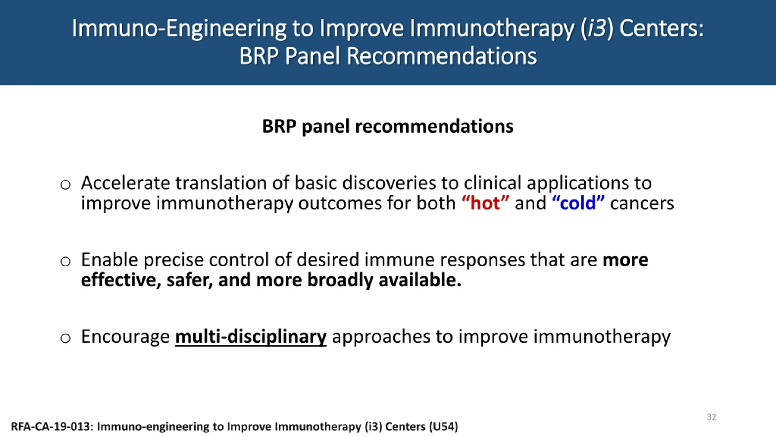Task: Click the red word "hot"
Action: (x=485, y=203)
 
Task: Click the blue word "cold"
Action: (x=578, y=203)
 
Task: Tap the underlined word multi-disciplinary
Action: (x=251, y=337)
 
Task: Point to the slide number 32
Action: (x=711, y=417)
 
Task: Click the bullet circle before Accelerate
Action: (x=65, y=185)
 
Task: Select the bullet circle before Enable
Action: (x=65, y=261)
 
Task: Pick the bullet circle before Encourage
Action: (x=65, y=338)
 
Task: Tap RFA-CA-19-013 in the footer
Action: (x=52, y=426)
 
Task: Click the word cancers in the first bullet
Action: (x=642, y=203)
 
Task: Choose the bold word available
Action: (x=420, y=279)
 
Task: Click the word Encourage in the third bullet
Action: (x=125, y=337)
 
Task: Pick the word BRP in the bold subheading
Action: (x=279, y=126)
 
